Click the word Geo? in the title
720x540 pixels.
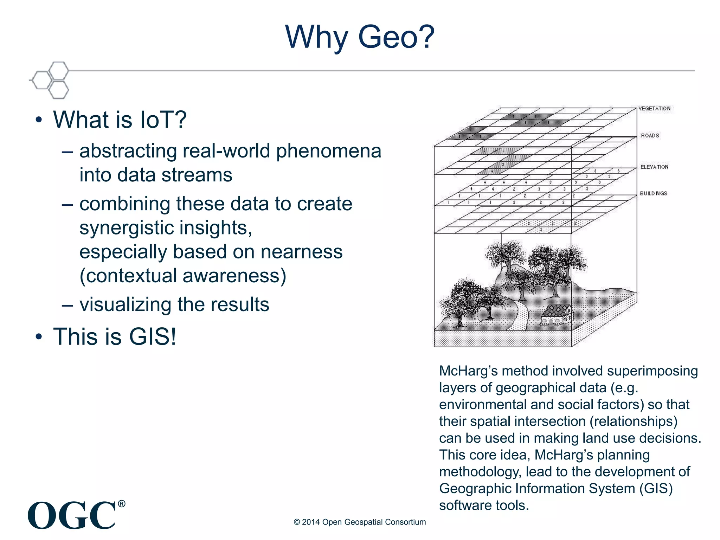point(396,37)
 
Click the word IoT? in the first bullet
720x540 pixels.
point(163,120)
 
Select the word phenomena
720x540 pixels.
point(328,151)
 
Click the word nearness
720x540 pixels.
point(301,252)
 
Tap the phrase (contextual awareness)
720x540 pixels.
point(183,276)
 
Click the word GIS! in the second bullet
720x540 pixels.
point(152,337)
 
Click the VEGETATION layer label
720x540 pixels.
point(654,109)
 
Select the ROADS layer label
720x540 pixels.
point(650,136)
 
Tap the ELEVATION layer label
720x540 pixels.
point(654,167)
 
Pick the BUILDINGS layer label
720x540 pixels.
point(653,193)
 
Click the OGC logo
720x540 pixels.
point(72,515)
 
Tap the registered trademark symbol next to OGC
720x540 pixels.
point(121,504)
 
